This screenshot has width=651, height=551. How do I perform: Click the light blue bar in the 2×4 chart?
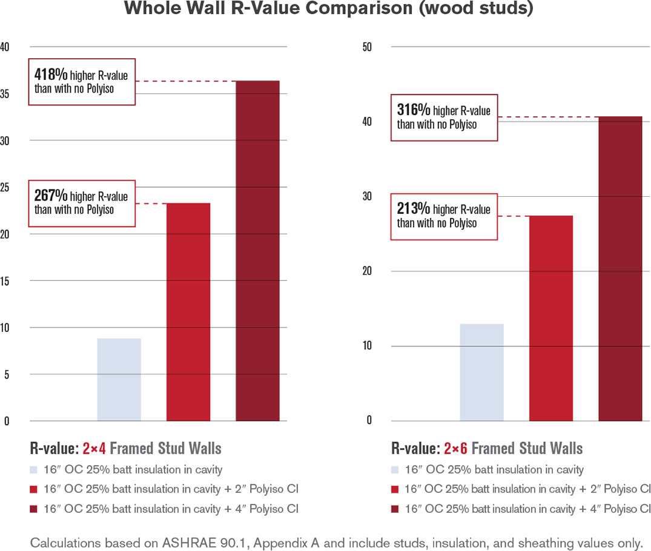(119, 379)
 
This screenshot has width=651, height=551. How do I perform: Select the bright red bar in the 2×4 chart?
(188, 311)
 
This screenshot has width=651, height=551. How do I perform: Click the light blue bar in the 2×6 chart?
(481, 372)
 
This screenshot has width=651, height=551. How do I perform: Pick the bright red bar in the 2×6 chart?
(550, 318)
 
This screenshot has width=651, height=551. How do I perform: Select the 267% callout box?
(82, 202)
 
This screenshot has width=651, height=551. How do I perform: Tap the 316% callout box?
(444, 117)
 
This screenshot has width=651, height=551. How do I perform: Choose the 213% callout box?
(444, 216)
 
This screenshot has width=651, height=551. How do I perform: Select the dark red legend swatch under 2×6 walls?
(395, 509)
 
